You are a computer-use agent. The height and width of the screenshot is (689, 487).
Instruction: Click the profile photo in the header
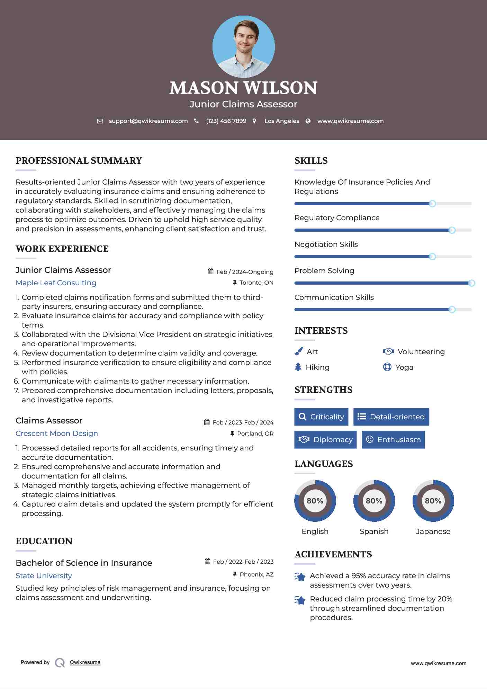[x=243, y=46]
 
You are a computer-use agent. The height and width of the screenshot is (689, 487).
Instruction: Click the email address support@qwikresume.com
[x=148, y=121]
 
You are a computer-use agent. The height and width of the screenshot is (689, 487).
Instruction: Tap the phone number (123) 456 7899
[x=226, y=121]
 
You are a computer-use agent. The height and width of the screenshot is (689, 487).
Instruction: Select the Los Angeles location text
[x=282, y=121]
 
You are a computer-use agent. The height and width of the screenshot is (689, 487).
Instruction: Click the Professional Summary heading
[x=79, y=161]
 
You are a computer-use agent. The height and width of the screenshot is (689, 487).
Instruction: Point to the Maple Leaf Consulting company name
[x=56, y=283]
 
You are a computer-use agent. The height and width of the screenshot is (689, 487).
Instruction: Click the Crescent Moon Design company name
[x=57, y=433]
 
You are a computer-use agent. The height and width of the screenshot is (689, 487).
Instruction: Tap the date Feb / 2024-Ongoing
[x=245, y=272]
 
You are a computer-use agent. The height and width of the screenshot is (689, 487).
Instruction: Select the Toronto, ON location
[x=256, y=283]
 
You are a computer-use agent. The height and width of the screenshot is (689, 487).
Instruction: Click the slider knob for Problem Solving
[x=471, y=283]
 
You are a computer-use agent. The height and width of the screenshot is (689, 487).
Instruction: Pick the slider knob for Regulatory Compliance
[x=452, y=230]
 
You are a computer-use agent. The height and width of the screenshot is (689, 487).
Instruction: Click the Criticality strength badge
[x=321, y=417]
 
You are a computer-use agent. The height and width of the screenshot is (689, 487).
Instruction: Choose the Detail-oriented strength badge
[x=391, y=417]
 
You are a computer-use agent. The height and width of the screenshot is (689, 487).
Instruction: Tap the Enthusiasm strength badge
[x=393, y=440]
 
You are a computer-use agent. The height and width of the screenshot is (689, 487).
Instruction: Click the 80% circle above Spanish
[x=374, y=501]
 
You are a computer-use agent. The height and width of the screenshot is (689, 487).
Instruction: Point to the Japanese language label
[x=433, y=531]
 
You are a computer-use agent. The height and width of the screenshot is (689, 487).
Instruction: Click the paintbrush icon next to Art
[x=298, y=352]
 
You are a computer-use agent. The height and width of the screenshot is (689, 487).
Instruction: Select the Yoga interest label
[x=404, y=367]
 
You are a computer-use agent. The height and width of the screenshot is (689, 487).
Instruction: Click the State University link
[x=44, y=576]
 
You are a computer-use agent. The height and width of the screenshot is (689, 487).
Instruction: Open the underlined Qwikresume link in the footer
[x=85, y=662]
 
